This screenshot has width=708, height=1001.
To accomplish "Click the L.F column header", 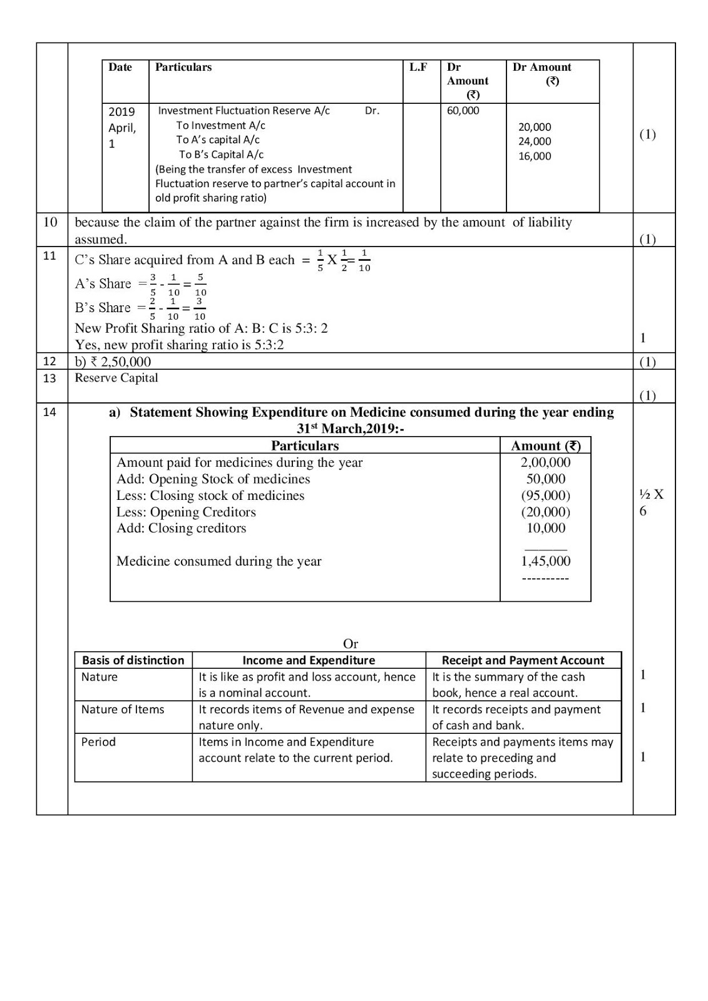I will (418, 67).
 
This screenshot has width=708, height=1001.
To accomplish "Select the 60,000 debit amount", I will (463, 111).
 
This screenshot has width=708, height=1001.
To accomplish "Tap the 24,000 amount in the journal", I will (535, 141).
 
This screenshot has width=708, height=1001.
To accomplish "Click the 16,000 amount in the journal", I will (535, 156).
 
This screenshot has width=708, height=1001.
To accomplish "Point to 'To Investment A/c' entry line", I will (220, 125).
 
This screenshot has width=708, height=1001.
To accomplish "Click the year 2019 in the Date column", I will (121, 112).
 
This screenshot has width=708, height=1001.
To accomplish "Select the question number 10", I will (50, 222).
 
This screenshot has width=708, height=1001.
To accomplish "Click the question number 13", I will (49, 378).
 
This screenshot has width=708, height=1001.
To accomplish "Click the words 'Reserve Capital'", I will (116, 378).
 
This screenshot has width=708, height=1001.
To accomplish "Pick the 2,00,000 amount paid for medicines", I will (545, 462).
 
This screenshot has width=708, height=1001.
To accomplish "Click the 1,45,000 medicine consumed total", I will (545, 561).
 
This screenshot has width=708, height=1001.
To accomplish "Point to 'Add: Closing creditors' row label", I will (182, 528).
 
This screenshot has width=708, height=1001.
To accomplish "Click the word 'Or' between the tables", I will (351, 644).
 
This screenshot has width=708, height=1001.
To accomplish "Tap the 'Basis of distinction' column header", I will (133, 660).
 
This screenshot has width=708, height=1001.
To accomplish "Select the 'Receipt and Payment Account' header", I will (523, 660).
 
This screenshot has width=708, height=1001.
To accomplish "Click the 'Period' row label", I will (98, 742).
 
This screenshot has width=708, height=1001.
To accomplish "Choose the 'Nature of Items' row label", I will (123, 709).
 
